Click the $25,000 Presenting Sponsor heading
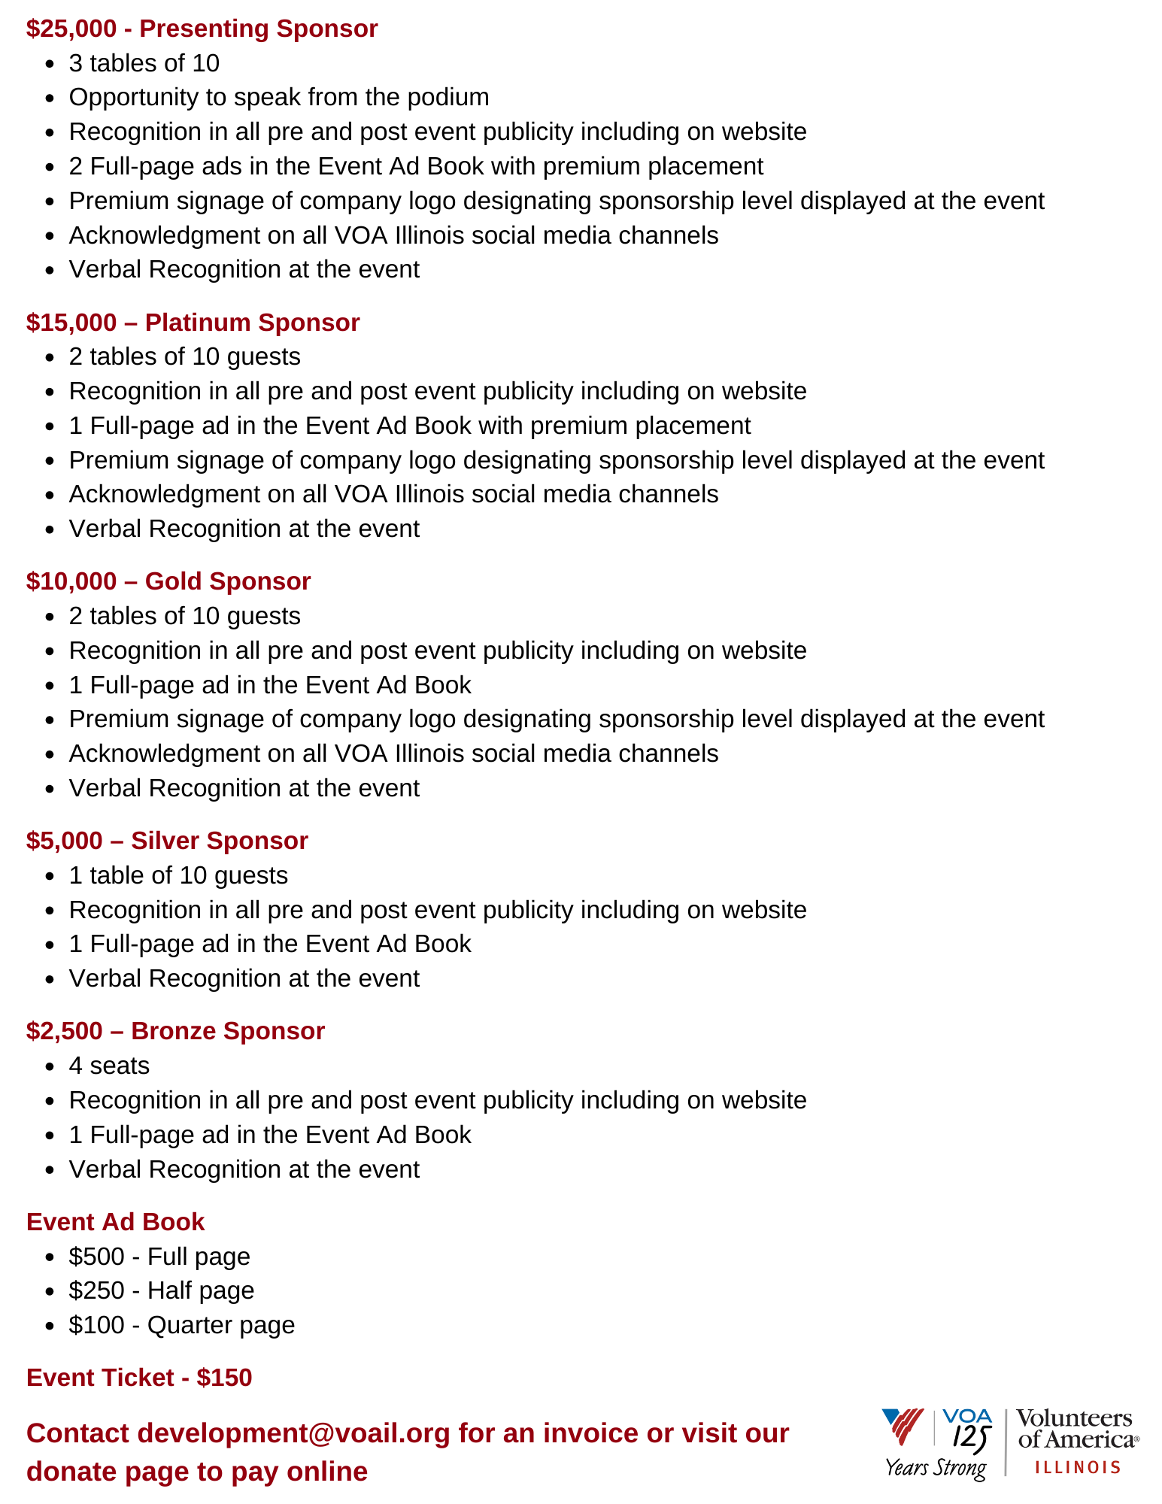point(202,29)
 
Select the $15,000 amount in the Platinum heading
point(71,323)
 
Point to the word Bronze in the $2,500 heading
point(173,1031)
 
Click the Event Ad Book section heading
point(115,1222)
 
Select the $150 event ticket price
point(224,1378)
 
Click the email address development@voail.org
point(293,1433)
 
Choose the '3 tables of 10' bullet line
point(144,63)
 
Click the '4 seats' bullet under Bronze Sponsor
point(109,1066)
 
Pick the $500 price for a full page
point(96,1257)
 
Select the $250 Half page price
point(96,1290)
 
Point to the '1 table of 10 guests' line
point(178,875)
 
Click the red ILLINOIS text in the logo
point(1078,1467)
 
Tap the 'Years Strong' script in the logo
point(936,1467)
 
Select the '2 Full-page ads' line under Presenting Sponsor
point(415,166)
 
